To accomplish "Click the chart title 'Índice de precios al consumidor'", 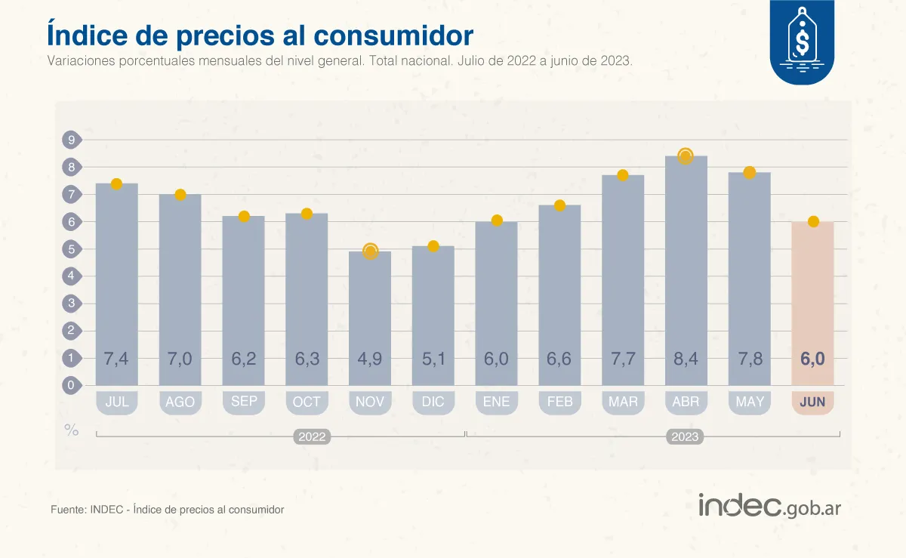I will pos(260,35).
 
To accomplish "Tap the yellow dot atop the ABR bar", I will pos(686,156).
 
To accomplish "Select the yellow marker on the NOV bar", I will pos(370,251).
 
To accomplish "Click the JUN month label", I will pos(812,402).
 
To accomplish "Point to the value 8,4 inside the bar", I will pos(686,359).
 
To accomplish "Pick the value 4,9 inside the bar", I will pos(370,359).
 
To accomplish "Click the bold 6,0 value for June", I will pos(812,359).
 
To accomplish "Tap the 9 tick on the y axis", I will pos(71,140).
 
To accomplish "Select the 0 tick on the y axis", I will pos(71,385).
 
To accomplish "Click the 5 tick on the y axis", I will pos(71,249).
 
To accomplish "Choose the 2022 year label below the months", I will pos(312,436).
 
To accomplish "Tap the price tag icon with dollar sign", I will pos(801,39).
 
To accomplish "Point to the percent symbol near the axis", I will pos(71,430).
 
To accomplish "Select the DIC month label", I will pos(433,402).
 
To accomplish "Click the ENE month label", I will pos(496,402).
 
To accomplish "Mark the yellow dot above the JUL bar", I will pos(116,184).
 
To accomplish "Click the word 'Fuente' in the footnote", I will pos(67,510).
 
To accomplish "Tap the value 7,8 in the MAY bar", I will pos(750,359).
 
